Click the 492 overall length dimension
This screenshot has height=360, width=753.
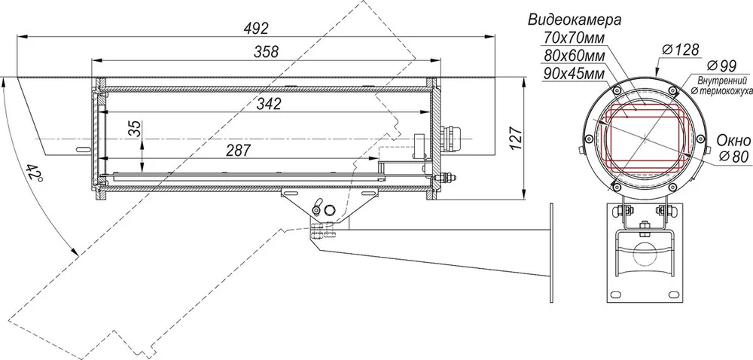pyautogui.click(x=256, y=29)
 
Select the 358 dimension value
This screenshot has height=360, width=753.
pyautogui.click(x=266, y=52)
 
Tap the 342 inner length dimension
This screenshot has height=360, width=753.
pyautogui.click(x=269, y=104)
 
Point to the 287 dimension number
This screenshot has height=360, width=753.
pyautogui.click(x=238, y=151)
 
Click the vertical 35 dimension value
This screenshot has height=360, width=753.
pyautogui.click(x=136, y=129)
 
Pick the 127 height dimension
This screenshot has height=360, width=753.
pyautogui.click(x=515, y=139)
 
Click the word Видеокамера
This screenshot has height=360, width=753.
pyautogui.click(x=575, y=20)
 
